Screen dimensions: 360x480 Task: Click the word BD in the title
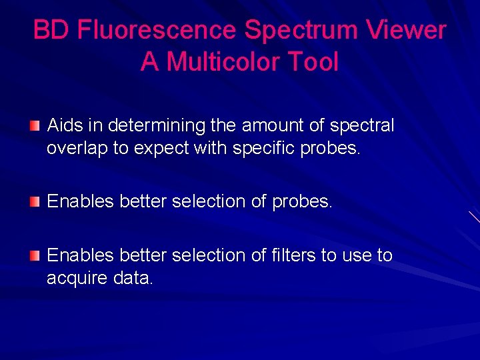tap(52, 30)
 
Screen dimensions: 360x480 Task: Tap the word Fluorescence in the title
tap(157, 30)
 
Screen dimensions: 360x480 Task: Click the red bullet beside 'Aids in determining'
tap(35, 125)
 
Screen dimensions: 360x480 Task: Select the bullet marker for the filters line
tap(35, 255)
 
